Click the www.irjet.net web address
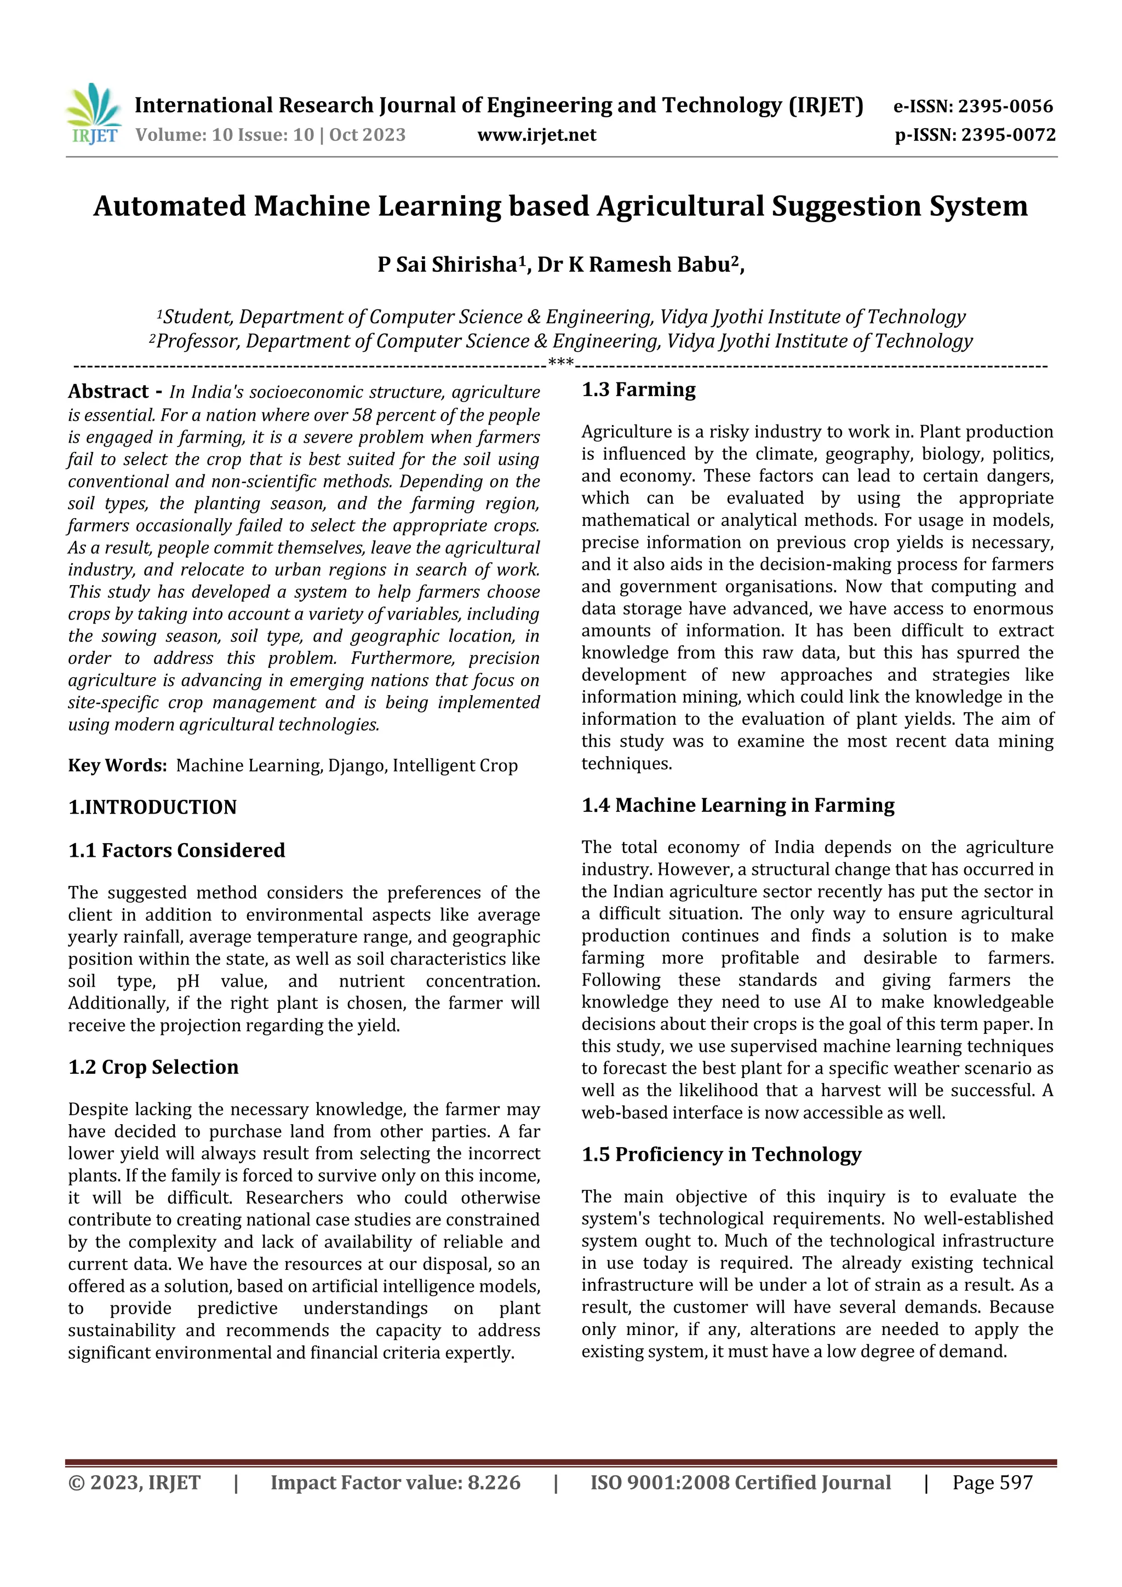pos(536,135)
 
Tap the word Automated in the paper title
pos(169,206)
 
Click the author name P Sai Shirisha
pos(447,265)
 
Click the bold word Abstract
pos(108,392)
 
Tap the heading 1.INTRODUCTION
pos(152,807)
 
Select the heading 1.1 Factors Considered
pos(176,850)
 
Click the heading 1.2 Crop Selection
pos(153,1067)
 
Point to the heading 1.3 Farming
pos(638,390)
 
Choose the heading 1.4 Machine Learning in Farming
pos(737,805)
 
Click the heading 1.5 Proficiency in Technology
pos(721,1154)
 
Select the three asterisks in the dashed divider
pos(560,362)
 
